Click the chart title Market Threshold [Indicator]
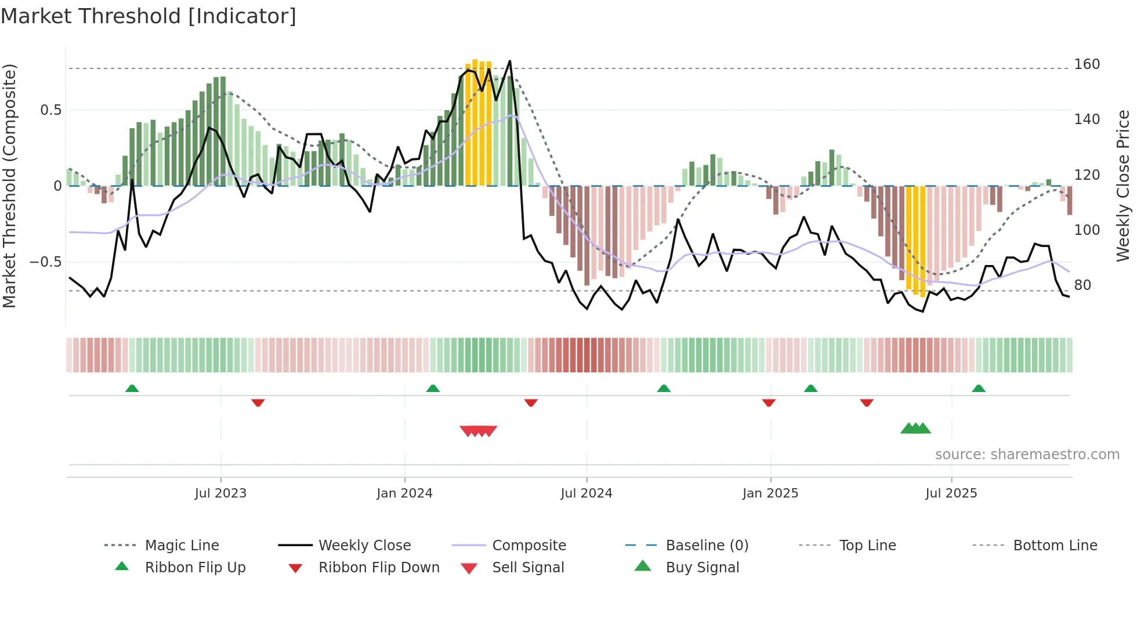tap(149, 16)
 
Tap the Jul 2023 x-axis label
tap(220, 493)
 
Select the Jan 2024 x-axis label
tap(404, 493)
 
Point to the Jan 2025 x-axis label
tap(770, 493)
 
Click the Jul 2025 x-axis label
tap(951, 493)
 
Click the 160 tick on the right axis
tap(1087, 64)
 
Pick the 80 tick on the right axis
tap(1082, 285)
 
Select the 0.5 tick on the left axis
tap(50, 110)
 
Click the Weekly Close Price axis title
tap(1123, 186)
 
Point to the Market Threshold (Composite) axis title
tap(9, 186)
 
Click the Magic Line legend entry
tap(182, 546)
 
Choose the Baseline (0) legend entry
tap(707, 546)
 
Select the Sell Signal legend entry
tap(527, 568)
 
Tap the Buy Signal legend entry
tap(702, 568)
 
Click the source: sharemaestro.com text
tap(1027, 455)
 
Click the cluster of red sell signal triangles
tap(479, 431)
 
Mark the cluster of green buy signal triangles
tap(915, 429)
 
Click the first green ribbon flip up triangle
tap(132, 388)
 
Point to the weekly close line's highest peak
tap(509, 61)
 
